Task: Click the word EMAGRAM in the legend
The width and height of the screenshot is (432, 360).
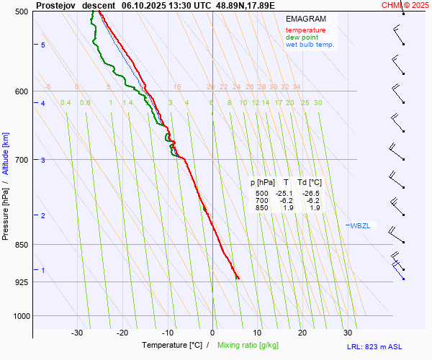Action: pyautogui.click(x=305, y=19)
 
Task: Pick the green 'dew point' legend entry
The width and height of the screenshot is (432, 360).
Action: pyautogui.click(x=303, y=37)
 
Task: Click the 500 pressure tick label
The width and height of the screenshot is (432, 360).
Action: pyautogui.click(x=21, y=12)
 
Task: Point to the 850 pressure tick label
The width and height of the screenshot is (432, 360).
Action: pyautogui.click(x=21, y=245)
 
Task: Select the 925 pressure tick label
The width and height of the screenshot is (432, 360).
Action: pyautogui.click(x=21, y=282)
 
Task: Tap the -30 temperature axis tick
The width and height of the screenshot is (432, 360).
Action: pyautogui.click(x=78, y=333)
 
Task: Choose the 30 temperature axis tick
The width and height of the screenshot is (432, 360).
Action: pyautogui.click(x=347, y=333)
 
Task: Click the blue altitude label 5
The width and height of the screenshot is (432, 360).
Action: pyautogui.click(x=43, y=45)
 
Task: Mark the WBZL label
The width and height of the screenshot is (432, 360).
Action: pyautogui.click(x=360, y=225)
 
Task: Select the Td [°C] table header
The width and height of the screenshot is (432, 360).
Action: pyautogui.click(x=310, y=183)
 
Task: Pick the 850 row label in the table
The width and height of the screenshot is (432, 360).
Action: pyautogui.click(x=261, y=207)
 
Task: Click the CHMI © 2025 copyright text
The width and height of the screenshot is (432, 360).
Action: pyautogui.click(x=405, y=4)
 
